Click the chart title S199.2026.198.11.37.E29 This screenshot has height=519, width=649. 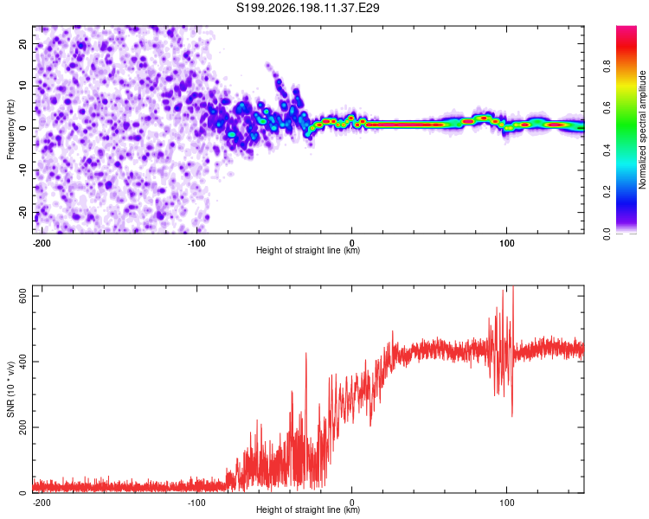point(307,8)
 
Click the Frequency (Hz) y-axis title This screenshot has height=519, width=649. point(10,130)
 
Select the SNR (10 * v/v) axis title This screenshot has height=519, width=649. point(10,389)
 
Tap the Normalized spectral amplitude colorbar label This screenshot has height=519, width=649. point(642,130)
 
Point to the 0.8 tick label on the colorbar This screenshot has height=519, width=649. point(607,67)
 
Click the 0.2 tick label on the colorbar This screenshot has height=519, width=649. point(607,192)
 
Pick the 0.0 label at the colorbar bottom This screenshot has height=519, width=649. point(607,234)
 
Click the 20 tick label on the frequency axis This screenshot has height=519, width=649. point(23,44)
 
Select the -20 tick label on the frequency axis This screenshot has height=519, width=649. point(23,213)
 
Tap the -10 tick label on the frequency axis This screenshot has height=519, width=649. point(23,170)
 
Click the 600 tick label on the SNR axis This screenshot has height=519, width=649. point(23,297)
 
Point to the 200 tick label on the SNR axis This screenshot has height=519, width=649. point(23,427)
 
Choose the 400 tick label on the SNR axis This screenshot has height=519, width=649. point(23,362)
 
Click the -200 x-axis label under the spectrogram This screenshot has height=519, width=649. point(42,243)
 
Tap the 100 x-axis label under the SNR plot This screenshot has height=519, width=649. point(506,503)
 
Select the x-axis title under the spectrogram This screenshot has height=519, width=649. point(308,250)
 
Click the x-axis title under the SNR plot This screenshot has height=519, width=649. point(308,509)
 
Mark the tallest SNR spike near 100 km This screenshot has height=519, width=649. point(513,287)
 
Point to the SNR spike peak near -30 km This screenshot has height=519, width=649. point(305,353)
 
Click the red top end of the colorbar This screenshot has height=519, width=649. point(627,28)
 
